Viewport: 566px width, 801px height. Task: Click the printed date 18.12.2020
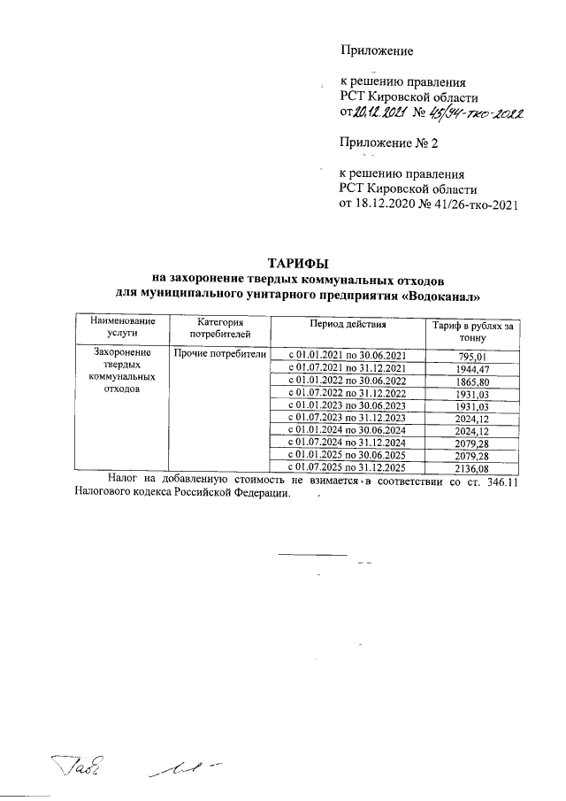click(386, 205)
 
